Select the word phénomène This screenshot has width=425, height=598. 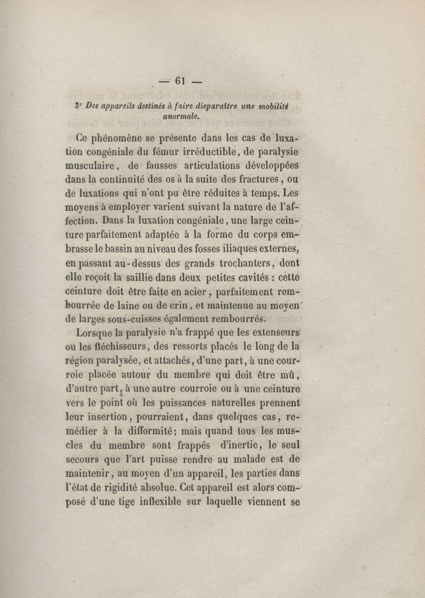124,142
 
